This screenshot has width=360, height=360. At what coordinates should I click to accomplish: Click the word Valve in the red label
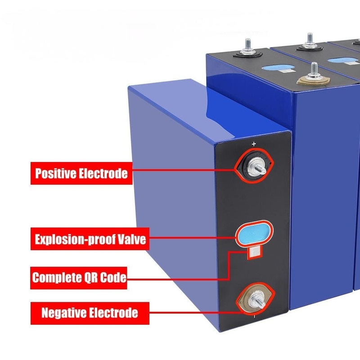coord(131,239)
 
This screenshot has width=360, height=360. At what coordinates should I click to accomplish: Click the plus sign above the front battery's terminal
coord(254,144)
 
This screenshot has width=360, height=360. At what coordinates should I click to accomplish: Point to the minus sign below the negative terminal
coord(255,317)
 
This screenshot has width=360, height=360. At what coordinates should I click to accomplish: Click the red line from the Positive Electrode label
coord(184,170)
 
